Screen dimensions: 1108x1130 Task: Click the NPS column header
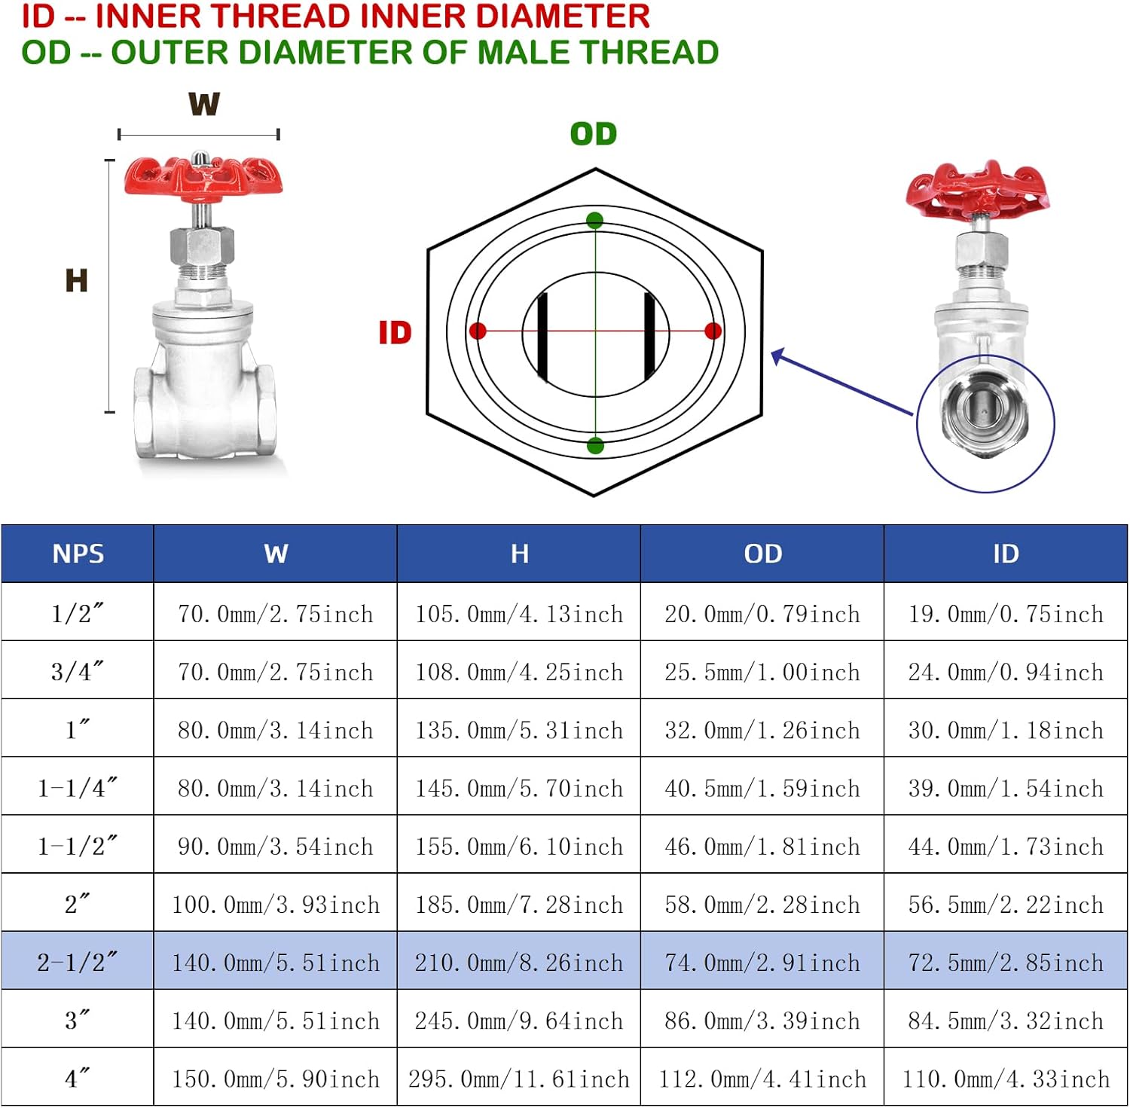point(78,554)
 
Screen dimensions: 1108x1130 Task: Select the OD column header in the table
point(762,554)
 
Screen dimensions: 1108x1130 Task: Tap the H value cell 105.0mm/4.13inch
point(519,614)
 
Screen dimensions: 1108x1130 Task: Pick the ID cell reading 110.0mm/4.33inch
point(1006,1079)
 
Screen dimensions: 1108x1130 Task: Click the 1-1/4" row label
point(78,788)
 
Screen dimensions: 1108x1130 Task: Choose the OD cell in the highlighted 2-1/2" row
point(762,963)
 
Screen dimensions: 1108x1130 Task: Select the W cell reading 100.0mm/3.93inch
point(276,904)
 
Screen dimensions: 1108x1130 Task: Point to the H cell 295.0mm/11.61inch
point(519,1079)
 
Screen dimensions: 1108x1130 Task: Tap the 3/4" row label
point(78,671)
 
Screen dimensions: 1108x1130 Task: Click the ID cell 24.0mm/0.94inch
point(1006,671)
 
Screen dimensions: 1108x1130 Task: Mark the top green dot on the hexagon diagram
point(595,221)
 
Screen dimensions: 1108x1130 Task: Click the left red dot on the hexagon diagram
point(478,331)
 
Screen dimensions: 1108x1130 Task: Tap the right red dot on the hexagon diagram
point(713,331)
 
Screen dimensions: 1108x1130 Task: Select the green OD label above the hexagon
point(594,134)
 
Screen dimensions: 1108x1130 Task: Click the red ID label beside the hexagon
point(395,332)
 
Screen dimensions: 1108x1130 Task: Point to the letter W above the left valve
point(204,104)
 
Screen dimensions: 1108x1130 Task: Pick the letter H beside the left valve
point(77,281)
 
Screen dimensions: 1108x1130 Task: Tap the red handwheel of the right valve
point(978,189)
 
